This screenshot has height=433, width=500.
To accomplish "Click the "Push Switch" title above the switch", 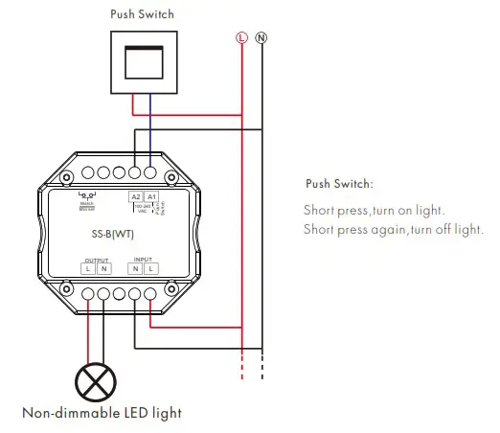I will [x=143, y=15].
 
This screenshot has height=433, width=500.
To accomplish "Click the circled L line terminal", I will [x=241, y=37].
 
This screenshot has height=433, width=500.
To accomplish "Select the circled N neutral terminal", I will [x=261, y=37].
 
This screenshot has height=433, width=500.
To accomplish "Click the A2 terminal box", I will [x=135, y=195].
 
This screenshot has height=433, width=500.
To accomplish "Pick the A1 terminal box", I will [x=150, y=195].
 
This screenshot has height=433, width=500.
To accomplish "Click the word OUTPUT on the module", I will [x=98, y=259].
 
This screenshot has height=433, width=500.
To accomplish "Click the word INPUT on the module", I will [x=142, y=259].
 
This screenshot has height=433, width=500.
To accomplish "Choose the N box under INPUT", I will [x=135, y=268].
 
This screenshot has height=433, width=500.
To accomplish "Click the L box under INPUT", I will [x=150, y=268].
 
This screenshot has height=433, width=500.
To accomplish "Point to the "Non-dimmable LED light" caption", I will [x=102, y=414].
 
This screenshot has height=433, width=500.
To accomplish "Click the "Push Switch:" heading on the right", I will [x=339, y=183].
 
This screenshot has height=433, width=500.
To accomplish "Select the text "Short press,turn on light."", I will [x=375, y=210].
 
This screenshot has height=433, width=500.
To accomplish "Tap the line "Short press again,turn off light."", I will [x=394, y=229].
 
